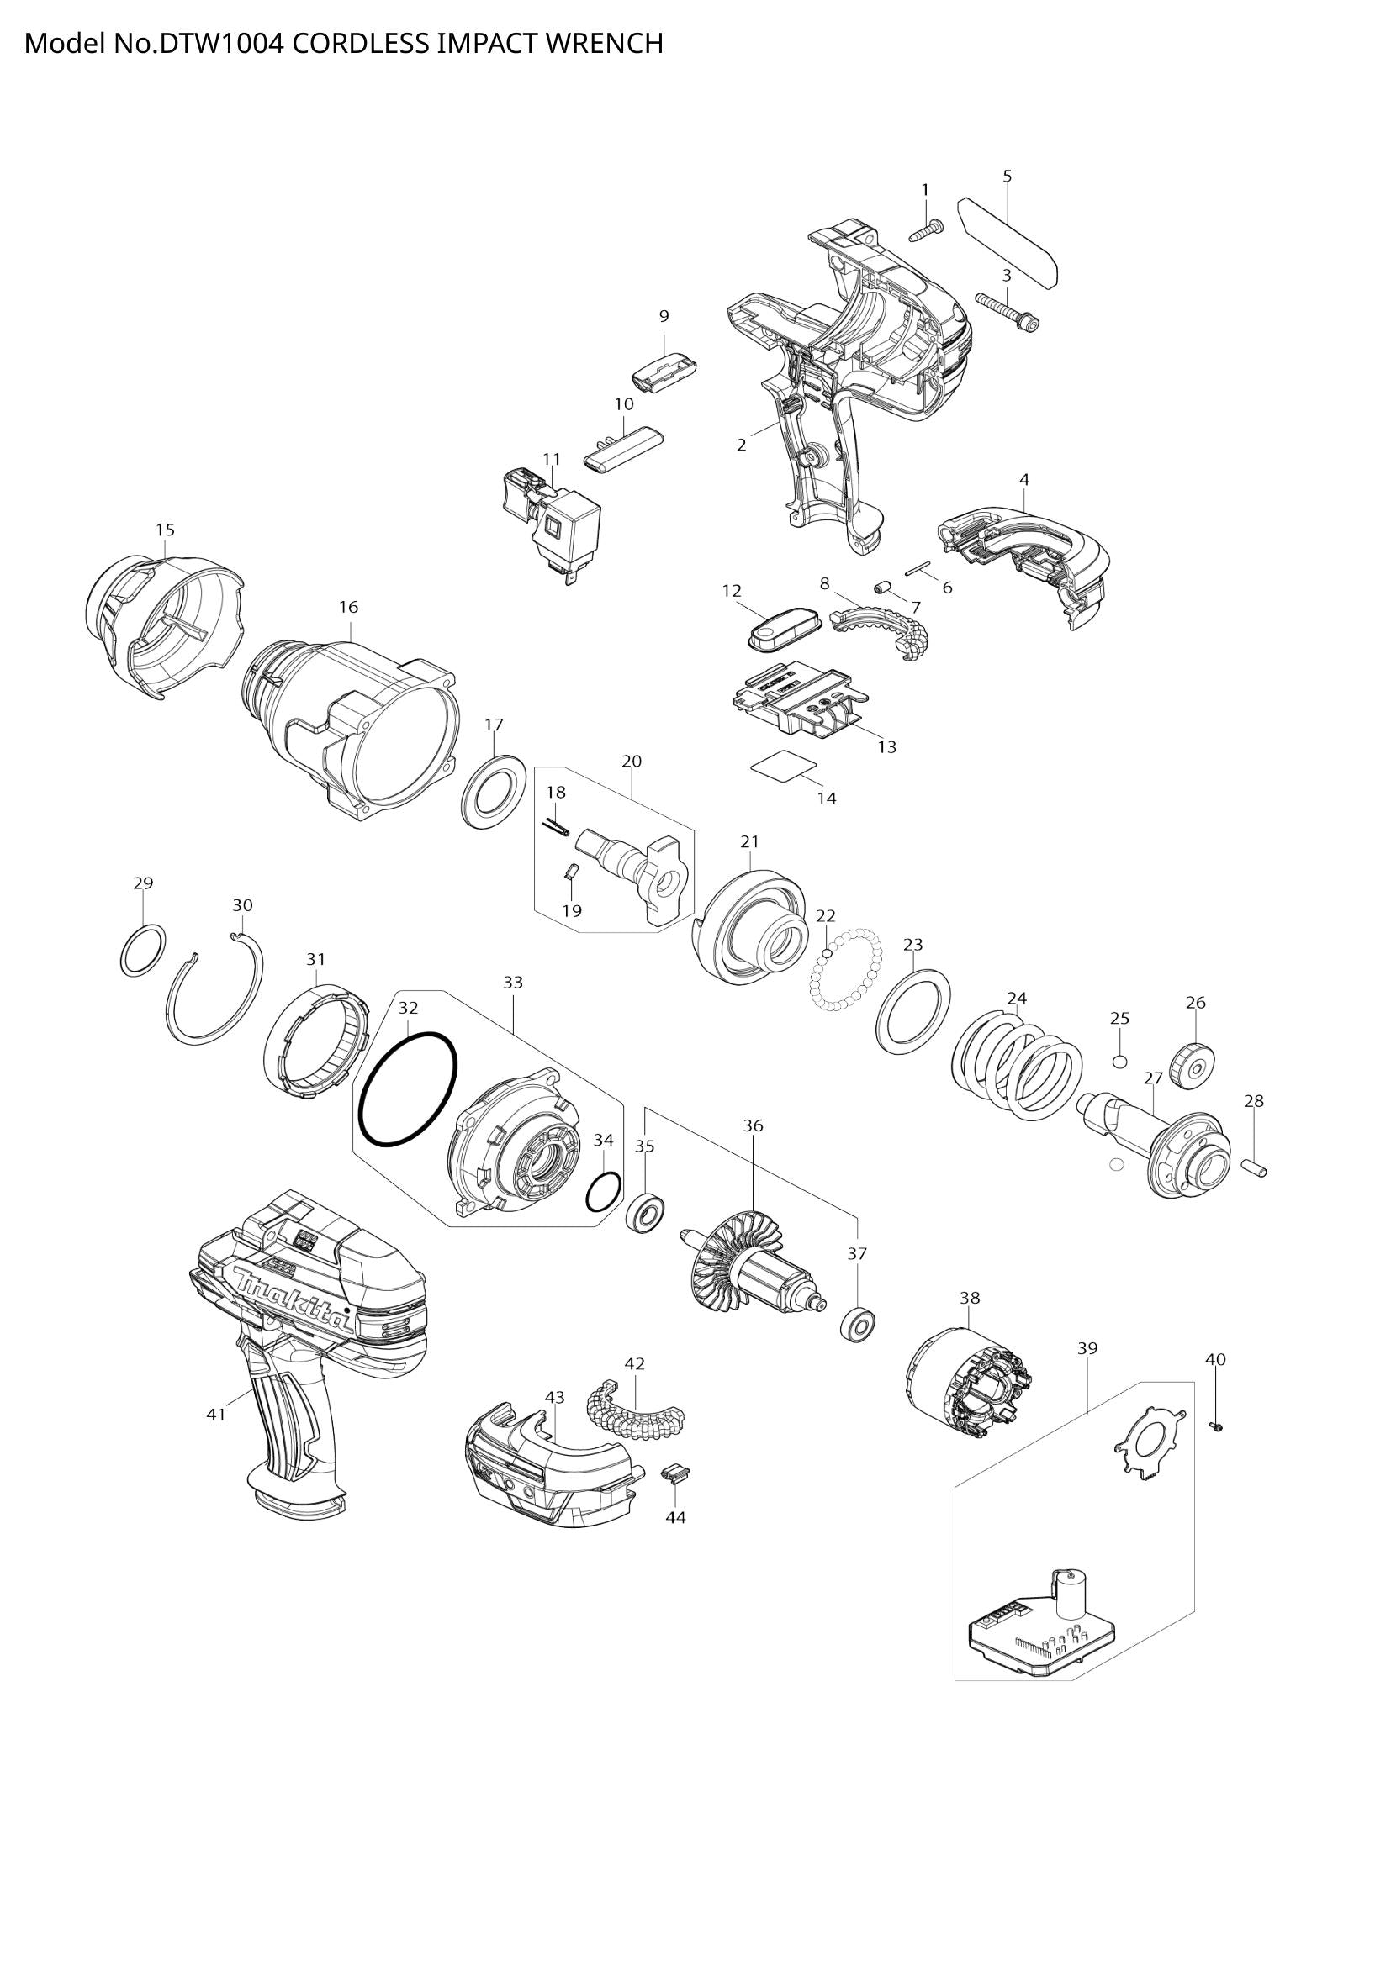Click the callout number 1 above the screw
coord(924,188)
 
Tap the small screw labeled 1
coord(926,229)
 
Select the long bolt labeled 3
coord(1008,312)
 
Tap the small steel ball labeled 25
coord(1119,1062)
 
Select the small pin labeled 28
coord(1254,1167)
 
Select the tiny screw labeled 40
coord(1216,1426)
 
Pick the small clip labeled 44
coord(675,1473)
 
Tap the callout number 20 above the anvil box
coord(632,761)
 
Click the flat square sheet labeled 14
coord(782,765)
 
